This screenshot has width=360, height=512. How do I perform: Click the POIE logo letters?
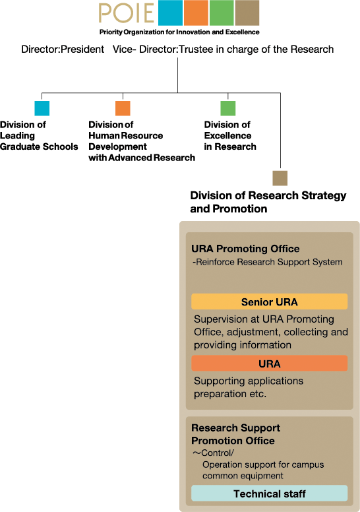(127, 13)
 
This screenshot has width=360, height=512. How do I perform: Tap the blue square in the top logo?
(170, 13)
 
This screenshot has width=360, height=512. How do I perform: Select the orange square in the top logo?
(196, 13)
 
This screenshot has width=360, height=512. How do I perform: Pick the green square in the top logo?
(222, 13)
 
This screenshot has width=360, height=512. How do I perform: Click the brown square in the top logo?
(247, 13)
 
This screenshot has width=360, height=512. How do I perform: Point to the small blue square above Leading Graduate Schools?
(42, 108)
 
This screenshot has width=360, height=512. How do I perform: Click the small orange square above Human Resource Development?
(123, 108)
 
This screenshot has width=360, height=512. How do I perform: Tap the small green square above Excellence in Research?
(228, 108)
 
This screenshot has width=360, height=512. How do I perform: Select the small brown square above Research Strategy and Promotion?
(280, 178)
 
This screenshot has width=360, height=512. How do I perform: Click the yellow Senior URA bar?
(269, 302)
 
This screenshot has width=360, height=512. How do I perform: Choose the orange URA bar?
(269, 363)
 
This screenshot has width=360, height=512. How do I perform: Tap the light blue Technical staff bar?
(269, 493)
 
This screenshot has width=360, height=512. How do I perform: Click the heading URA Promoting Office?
(245, 249)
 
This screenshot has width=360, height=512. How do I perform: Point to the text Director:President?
(63, 49)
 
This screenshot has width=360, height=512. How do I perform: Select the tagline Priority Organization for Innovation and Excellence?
(179, 32)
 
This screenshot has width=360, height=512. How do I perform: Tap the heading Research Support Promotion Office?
(235, 434)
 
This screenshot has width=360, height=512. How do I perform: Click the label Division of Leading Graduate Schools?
(39, 135)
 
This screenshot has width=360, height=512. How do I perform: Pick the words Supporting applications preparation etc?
(249, 387)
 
